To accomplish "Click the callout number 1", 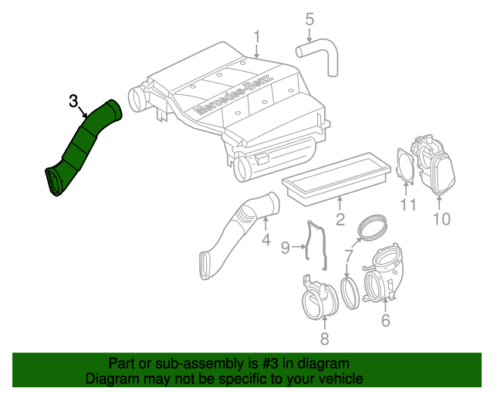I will [x=258, y=35].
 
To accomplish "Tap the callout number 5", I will [x=310, y=19].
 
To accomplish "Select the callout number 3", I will [x=73, y=100].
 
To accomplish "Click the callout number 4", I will [x=266, y=240].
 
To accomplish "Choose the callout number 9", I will [x=285, y=247].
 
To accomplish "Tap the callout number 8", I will [x=324, y=339].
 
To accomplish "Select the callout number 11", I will [x=408, y=204].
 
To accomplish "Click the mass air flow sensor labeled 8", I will [x=318, y=295].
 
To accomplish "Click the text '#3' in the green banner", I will [x=257, y=363].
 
